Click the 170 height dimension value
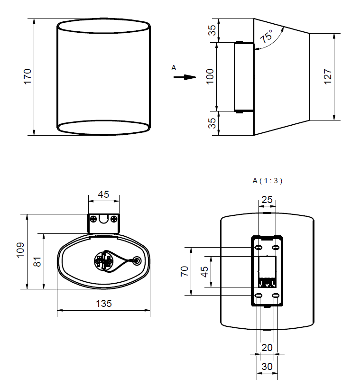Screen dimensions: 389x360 [x=28, y=76]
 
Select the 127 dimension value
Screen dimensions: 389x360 [x=328, y=76]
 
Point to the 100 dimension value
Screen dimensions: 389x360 [x=211, y=76]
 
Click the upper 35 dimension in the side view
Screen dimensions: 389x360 [x=212, y=30]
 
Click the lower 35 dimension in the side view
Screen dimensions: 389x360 [x=212, y=123]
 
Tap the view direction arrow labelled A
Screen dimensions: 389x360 [x=184, y=77]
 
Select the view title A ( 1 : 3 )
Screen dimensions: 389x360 [x=267, y=180]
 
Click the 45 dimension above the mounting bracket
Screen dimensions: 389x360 [x=103, y=194]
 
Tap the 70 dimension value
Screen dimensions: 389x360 [x=185, y=271]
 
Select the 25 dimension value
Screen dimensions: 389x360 [x=268, y=200]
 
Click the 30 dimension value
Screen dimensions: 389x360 [x=267, y=367]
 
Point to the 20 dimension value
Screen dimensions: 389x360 [x=267, y=347]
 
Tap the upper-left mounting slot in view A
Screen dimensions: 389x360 [x=258, y=248]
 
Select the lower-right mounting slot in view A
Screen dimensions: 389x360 [x=276, y=296]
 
